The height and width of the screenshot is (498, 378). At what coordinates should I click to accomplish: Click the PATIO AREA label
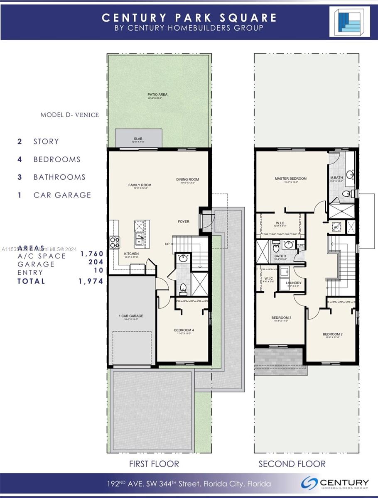pyautogui.click(x=157, y=95)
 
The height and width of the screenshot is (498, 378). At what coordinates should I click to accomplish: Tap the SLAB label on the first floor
pyautogui.click(x=138, y=139)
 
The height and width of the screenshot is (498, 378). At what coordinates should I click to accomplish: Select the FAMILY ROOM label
pyautogui.click(x=140, y=185)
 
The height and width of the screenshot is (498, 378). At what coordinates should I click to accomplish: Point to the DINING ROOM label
pyautogui.click(x=187, y=180)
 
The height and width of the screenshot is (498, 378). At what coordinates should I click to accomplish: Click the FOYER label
pyautogui.click(x=184, y=222)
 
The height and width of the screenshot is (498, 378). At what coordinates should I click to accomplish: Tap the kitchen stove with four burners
pyautogui.click(x=114, y=242)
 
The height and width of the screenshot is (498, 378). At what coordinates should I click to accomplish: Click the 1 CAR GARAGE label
pyautogui.click(x=131, y=316)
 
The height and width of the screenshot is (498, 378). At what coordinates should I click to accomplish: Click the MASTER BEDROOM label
pyautogui.click(x=290, y=179)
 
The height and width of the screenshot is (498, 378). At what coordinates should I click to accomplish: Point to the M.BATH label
pyautogui.click(x=336, y=178)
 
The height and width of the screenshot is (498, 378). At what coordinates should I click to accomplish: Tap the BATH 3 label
pyautogui.click(x=280, y=256)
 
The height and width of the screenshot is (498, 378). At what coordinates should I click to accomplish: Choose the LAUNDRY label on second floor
pyautogui.click(x=293, y=283)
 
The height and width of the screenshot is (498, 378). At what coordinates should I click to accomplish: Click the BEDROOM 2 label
pyautogui.click(x=333, y=334)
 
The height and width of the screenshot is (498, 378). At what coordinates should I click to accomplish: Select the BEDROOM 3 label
pyautogui.click(x=282, y=318)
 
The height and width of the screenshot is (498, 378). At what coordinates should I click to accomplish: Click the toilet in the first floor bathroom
pyautogui.click(x=183, y=287)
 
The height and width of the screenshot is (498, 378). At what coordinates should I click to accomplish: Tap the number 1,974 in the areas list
pyautogui.click(x=91, y=281)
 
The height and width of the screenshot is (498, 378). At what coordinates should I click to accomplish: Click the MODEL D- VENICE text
pyautogui.click(x=69, y=115)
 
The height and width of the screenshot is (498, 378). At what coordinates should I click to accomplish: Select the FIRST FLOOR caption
pyautogui.click(x=154, y=464)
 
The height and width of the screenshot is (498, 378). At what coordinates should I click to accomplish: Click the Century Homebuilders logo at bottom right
pyautogui.click(x=335, y=483)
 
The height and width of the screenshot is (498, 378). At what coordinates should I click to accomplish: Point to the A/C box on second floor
pyautogui.click(x=336, y=227)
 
